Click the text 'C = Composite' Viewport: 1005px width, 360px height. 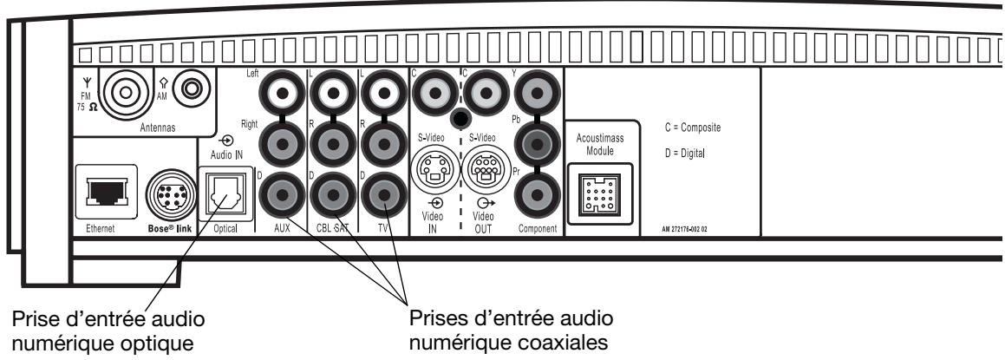[693, 128]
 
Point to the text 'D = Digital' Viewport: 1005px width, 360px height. [685, 154]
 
